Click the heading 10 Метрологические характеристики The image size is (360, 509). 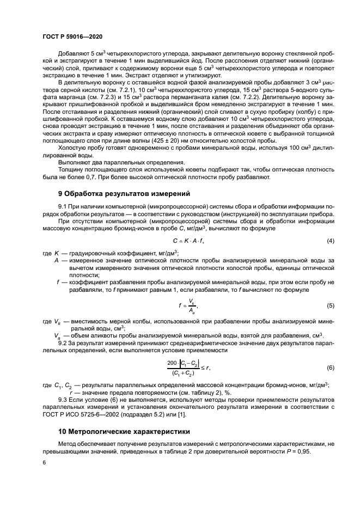click(124, 431)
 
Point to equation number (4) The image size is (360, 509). click(330, 241)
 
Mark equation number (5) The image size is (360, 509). click(330, 306)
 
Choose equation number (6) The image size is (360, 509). click(330, 368)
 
